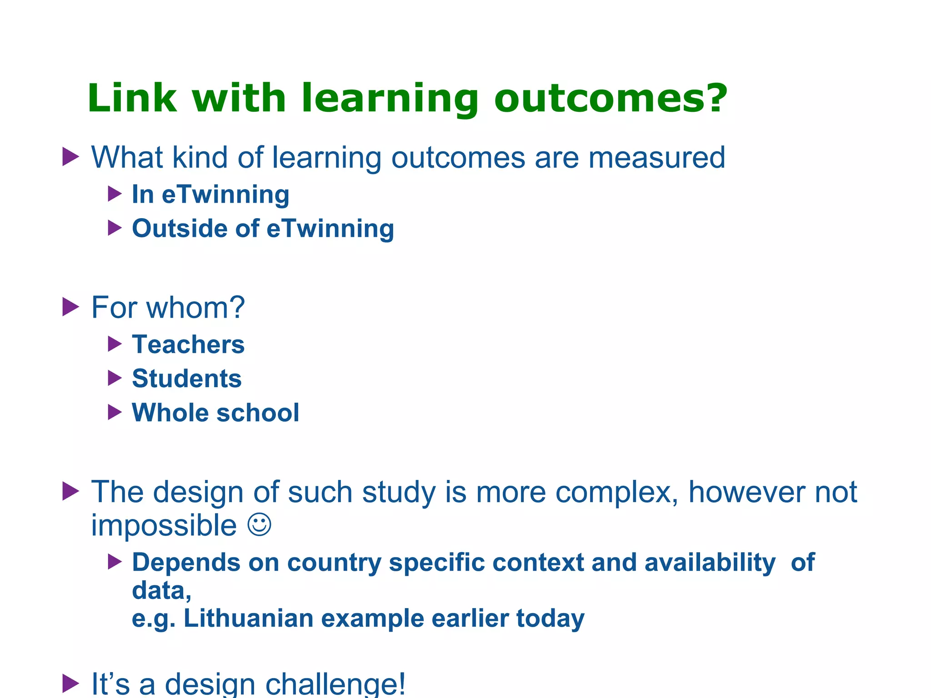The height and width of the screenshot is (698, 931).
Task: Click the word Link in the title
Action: [132, 98]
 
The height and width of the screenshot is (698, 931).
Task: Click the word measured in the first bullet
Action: [656, 158]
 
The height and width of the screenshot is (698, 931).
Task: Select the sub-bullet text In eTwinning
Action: [210, 194]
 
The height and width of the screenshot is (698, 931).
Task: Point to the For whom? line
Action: [168, 308]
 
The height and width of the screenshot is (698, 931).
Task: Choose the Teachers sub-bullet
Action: [188, 344]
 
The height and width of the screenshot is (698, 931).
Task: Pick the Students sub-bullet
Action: [186, 379]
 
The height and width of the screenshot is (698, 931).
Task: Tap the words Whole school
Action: [215, 413]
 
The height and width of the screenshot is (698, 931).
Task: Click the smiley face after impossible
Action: [259, 525]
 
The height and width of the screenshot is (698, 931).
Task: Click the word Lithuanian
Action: [248, 618]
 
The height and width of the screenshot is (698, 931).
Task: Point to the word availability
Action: [710, 563]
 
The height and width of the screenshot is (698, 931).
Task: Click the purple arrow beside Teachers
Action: [115, 344]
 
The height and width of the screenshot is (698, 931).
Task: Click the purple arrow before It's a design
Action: [70, 683]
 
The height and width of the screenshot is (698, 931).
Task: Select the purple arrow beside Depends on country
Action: [115, 562]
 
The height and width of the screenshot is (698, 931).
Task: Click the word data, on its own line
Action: [161, 590]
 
